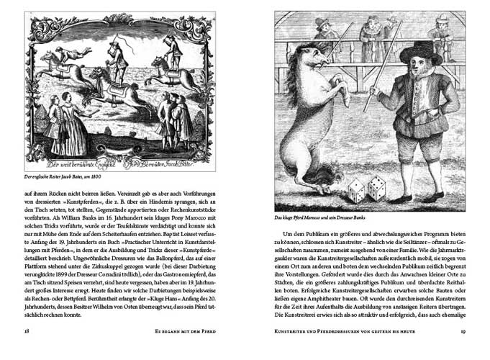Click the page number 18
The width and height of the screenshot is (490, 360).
tap(26, 330)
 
